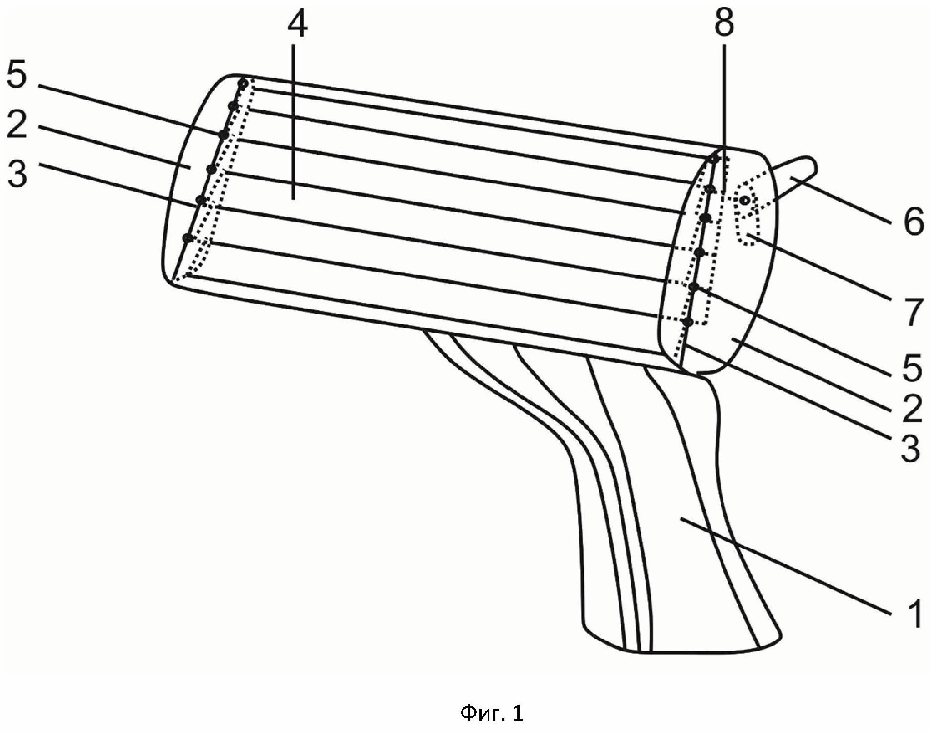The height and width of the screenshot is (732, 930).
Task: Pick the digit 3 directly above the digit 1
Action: point(911,449)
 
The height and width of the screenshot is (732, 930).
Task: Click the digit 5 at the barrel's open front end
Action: point(17,77)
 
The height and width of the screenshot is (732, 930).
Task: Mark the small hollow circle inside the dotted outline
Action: point(745,200)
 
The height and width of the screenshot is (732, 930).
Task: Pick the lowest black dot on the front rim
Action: point(187,238)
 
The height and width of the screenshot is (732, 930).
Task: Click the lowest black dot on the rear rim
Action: point(687,322)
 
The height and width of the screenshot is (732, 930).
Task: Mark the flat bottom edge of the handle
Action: point(697,650)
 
